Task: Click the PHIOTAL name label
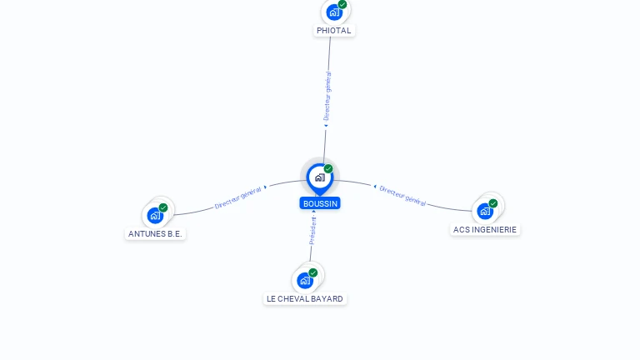[334, 31]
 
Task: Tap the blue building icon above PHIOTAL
[334, 12]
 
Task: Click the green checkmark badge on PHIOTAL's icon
[342, 4]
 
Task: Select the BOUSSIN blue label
[320, 203]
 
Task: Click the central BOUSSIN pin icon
[320, 178]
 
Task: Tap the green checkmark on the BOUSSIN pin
[328, 168]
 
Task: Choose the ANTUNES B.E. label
[155, 234]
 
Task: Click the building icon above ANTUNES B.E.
[155, 216]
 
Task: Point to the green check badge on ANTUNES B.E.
[163, 207]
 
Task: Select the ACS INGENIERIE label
[485, 230]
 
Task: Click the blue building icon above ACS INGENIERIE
[485, 212]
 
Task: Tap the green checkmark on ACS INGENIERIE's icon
[493, 203]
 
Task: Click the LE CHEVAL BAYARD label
[305, 299]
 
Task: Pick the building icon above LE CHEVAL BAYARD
[305, 281]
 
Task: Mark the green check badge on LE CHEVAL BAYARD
[313, 272]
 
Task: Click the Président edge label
[312, 231]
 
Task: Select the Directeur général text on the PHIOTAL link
[327, 96]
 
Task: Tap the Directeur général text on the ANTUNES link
[238, 198]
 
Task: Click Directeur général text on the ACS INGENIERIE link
[402, 196]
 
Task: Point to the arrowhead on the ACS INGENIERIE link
[375, 187]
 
